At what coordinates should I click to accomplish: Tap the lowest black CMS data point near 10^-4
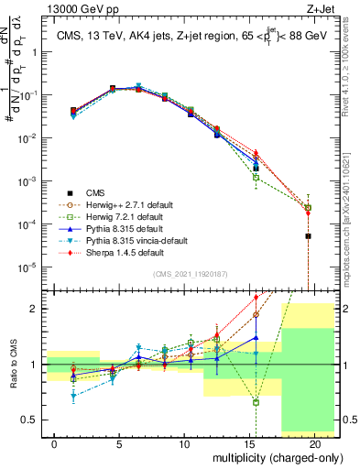point(308,236)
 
